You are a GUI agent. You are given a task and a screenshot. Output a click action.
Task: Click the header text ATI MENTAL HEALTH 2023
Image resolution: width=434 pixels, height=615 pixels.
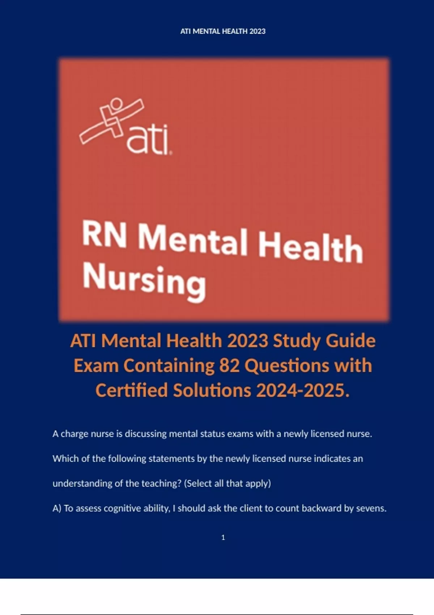[223, 31]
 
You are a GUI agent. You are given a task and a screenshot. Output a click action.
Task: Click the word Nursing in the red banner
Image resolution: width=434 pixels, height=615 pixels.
[144, 281]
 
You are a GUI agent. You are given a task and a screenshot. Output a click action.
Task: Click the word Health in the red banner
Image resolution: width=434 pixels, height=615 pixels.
[310, 248]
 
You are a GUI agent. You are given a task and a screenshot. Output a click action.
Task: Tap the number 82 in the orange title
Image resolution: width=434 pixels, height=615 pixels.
[229, 365]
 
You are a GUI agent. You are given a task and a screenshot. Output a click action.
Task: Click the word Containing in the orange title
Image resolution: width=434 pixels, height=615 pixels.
[169, 365]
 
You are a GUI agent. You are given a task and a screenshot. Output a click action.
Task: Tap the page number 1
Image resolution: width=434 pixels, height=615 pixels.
[223, 538]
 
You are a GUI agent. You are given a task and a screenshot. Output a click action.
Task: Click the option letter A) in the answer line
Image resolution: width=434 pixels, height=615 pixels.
[57, 508]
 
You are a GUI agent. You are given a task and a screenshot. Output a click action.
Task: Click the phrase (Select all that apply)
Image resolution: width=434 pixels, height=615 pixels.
[227, 483]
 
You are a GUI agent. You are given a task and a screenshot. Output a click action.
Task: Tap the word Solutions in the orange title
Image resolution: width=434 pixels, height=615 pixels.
[212, 390]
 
